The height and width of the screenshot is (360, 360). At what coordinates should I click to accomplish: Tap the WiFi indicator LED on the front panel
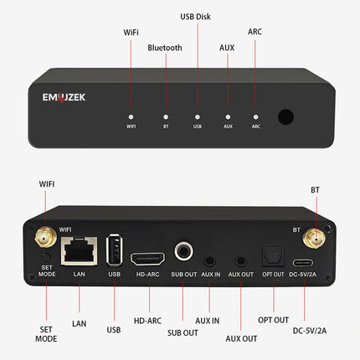click(x=131, y=116)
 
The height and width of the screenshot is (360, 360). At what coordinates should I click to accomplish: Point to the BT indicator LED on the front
click(x=166, y=116)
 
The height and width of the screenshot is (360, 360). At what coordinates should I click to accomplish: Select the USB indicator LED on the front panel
click(x=198, y=116)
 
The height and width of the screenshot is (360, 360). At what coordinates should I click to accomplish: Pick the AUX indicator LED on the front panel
click(x=228, y=116)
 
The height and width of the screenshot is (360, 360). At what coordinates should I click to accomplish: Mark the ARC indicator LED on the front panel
click(x=256, y=116)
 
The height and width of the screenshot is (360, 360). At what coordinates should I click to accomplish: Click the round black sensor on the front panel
click(x=286, y=117)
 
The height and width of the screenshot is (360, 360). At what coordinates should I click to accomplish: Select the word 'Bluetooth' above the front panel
click(x=165, y=48)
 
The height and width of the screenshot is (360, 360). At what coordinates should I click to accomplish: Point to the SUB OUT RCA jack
click(x=183, y=249)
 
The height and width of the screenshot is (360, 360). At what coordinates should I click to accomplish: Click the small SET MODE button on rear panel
click(x=47, y=255)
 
